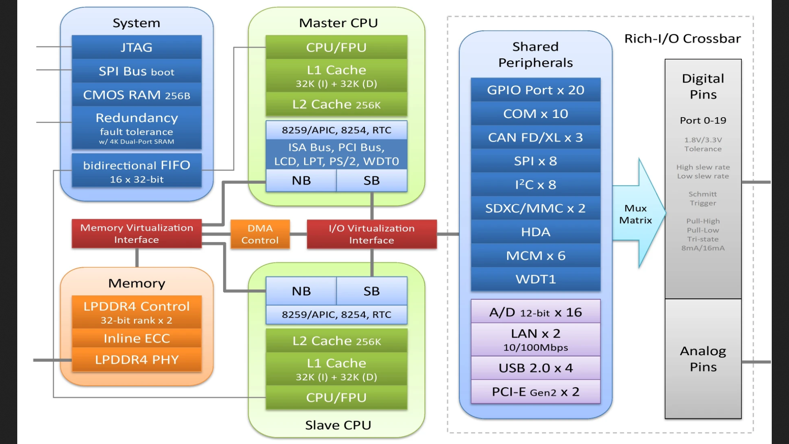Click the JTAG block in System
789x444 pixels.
click(x=136, y=47)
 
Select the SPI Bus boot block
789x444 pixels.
click(x=136, y=71)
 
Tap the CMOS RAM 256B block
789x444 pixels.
click(x=136, y=95)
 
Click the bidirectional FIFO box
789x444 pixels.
click(x=136, y=171)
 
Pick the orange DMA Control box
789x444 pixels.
click(x=260, y=234)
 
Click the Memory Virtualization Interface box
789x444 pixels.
click(x=136, y=234)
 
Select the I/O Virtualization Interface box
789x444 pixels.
click(x=371, y=234)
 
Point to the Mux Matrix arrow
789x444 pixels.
click(x=637, y=214)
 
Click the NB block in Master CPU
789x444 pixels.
click(x=301, y=180)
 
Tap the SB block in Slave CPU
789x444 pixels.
click(x=371, y=291)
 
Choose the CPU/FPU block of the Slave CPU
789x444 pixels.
click(x=336, y=398)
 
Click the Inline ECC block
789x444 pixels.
click(x=136, y=338)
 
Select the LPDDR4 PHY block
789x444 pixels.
click(x=136, y=360)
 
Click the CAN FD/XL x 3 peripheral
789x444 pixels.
click(x=535, y=137)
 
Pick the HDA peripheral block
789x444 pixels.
click(x=535, y=232)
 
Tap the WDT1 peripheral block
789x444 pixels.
click(x=535, y=279)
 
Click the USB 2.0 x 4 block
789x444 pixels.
click(x=535, y=368)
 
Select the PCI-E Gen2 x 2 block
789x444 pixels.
click(x=535, y=392)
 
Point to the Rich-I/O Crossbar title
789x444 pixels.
click(x=682, y=39)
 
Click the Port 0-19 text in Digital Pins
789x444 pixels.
click(x=703, y=120)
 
